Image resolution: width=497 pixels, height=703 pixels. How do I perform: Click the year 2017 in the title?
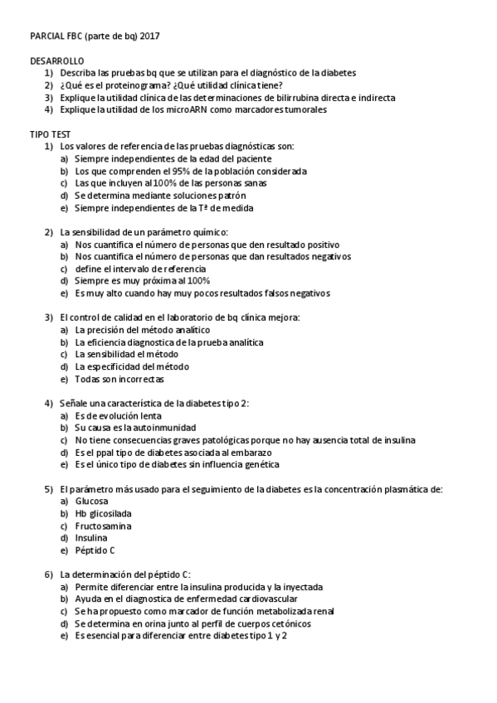click(x=150, y=37)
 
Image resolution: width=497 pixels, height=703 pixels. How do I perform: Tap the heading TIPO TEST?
click(x=50, y=134)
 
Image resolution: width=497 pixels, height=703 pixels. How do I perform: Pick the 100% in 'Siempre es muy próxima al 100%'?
click(x=199, y=281)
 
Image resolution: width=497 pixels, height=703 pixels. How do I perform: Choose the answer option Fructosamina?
click(x=103, y=526)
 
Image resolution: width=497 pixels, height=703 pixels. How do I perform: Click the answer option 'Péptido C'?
click(x=95, y=550)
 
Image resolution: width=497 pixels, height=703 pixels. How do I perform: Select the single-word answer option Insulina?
click(x=91, y=538)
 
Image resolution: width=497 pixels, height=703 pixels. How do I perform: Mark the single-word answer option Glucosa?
click(x=91, y=502)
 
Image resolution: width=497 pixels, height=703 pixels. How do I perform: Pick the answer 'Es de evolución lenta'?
click(x=118, y=415)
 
